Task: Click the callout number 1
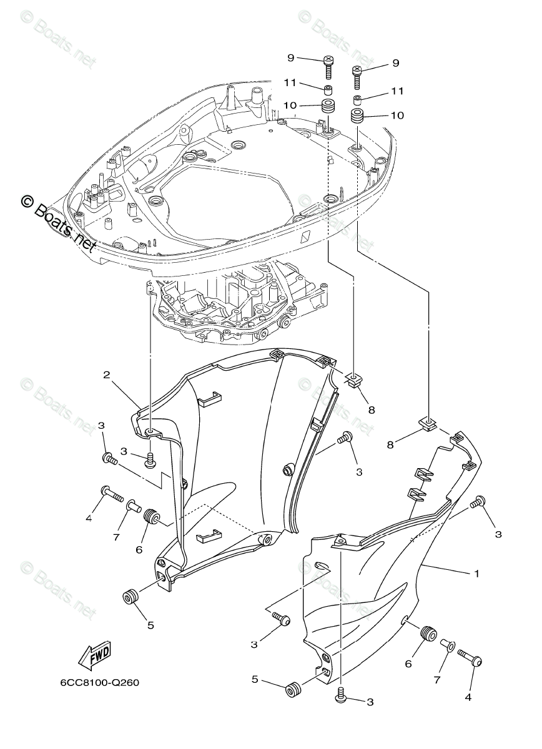click(477, 573)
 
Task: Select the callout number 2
click(107, 375)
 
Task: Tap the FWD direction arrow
click(94, 655)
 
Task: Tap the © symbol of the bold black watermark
click(27, 201)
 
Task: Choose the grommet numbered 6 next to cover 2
click(150, 517)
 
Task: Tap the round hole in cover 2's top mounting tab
click(152, 432)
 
